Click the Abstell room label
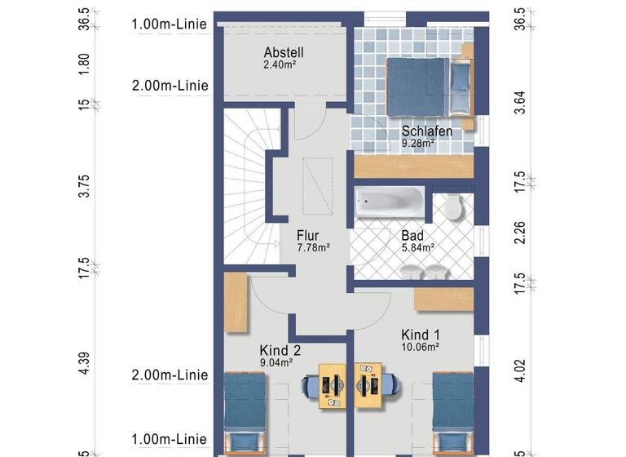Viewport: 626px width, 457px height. click(x=283, y=52)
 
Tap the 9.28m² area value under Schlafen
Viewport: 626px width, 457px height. click(x=417, y=142)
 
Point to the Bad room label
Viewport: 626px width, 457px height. click(x=412, y=236)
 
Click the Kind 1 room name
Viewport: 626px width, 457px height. click(x=421, y=335)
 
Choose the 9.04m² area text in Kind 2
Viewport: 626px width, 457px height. click(x=276, y=362)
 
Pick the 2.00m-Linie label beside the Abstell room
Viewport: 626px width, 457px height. click(x=170, y=85)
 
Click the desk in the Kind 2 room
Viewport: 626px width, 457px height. click(x=333, y=384)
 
